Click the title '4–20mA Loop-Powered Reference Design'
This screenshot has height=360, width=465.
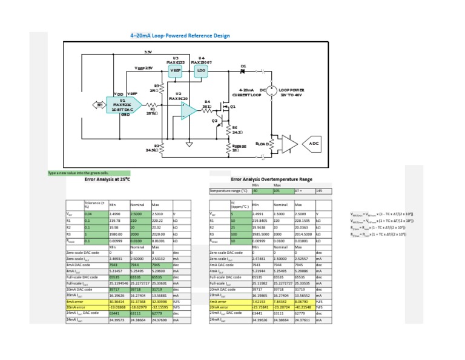click(180, 35)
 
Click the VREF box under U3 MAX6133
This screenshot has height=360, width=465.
click(175, 70)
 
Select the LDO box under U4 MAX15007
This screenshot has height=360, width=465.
click(201, 70)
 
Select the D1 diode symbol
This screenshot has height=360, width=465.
click(243, 71)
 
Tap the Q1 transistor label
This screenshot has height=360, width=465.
click(232, 106)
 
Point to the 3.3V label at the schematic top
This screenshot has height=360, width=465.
click(147, 52)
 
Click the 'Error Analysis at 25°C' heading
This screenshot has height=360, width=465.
click(108, 179)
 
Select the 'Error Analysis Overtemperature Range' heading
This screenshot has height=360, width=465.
click(271, 179)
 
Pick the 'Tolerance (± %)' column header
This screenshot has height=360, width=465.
click(95, 205)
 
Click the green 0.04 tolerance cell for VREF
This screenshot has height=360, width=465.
click(95, 213)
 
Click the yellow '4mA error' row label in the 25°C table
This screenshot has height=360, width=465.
click(86, 301)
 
